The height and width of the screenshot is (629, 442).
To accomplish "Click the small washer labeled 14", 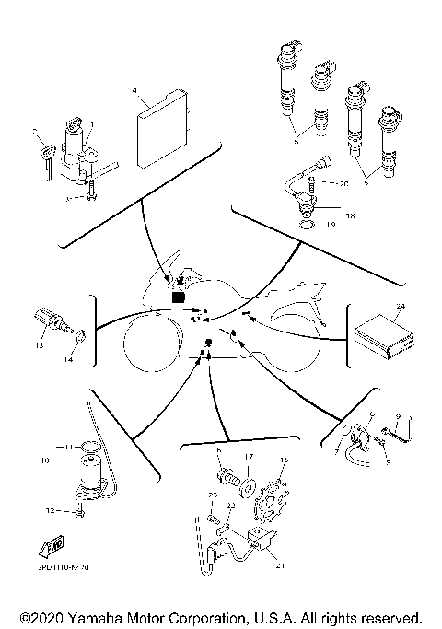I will click(81, 336).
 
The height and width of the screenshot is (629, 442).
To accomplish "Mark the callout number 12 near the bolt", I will click(59, 509).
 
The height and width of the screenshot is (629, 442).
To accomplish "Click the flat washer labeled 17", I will click(248, 480).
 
